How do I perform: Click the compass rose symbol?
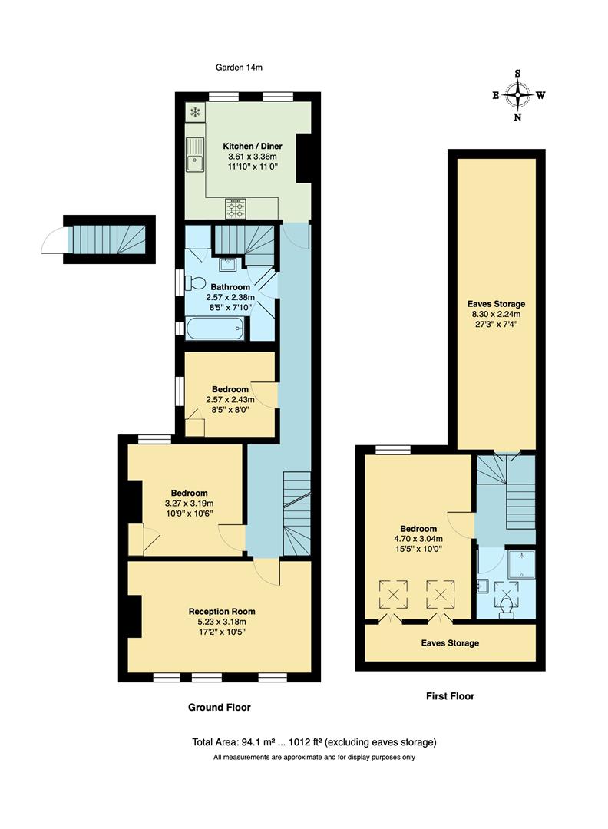520,96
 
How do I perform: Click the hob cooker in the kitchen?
236,207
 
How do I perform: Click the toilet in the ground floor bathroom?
195,282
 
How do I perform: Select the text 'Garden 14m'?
240,68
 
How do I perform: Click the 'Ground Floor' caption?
220,707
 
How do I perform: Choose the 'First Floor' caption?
450,696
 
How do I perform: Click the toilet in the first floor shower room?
506,609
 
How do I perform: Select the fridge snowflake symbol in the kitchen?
195,113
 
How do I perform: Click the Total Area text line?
314,742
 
